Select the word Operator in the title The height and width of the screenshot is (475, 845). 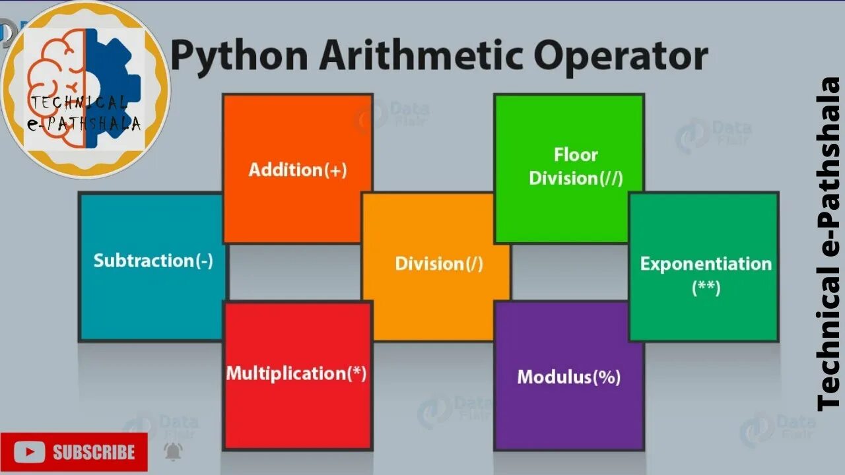(x=621, y=57)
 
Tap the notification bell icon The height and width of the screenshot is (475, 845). (x=173, y=451)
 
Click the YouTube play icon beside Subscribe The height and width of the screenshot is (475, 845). (x=29, y=452)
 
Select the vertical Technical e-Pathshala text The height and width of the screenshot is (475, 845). (x=828, y=244)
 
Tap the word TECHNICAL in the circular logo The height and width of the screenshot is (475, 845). (x=78, y=103)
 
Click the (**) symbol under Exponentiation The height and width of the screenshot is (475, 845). (x=706, y=288)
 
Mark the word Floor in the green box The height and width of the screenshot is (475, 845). (x=576, y=155)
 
